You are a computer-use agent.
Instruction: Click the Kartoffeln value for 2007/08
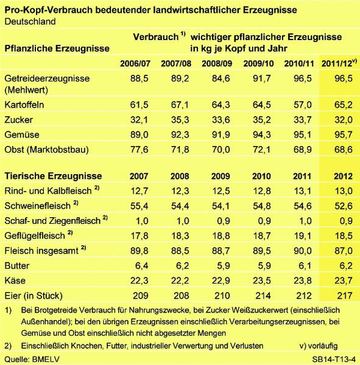point(180,105)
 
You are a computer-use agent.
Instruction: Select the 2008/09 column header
point(217,63)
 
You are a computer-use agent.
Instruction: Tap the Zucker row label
point(19,120)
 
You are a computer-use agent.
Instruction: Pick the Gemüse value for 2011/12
point(343,134)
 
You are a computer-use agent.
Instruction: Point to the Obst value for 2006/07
point(139,150)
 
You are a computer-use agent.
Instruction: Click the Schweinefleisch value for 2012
point(343,206)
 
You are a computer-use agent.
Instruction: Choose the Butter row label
point(17,266)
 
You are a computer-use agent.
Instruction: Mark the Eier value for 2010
point(263,296)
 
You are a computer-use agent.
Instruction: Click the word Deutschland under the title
point(30,21)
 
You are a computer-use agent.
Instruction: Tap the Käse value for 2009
point(221,280)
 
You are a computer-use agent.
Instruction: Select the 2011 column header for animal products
point(302,176)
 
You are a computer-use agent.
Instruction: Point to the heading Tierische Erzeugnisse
point(53,176)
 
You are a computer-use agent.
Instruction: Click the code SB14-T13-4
point(334,359)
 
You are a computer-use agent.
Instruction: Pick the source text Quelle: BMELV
point(32,359)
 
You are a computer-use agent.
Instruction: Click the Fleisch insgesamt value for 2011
point(302,251)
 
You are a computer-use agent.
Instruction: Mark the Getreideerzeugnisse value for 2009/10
point(261,78)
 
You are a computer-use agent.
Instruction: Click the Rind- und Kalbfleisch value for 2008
point(180,191)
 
